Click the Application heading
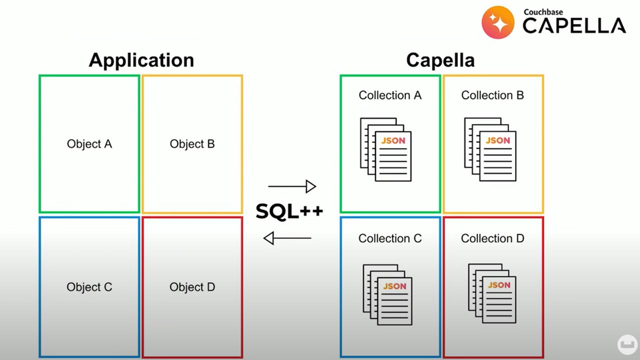click(141, 60)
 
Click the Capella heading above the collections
click(440, 60)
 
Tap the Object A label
click(89, 144)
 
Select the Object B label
click(192, 144)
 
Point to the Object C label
click(89, 287)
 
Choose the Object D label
click(192, 287)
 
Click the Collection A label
click(390, 95)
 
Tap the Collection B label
click(492, 95)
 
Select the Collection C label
click(390, 238)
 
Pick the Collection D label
click(492, 238)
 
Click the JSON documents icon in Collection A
click(386, 149)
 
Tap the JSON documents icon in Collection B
click(490, 149)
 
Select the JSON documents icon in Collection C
click(387, 294)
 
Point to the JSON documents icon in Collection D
click(492, 293)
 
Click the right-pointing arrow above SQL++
click(292, 186)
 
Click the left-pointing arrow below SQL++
click(287, 238)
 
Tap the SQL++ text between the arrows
click(289, 211)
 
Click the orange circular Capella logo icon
click(498, 22)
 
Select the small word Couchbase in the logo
click(543, 12)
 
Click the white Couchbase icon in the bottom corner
click(627, 344)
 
